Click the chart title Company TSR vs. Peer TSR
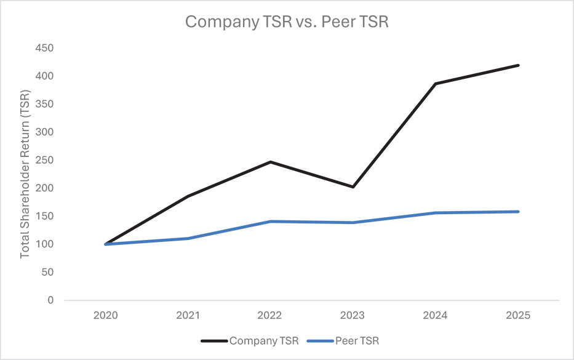coord(287,22)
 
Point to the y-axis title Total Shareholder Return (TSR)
coord(25,174)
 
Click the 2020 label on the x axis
coord(105,314)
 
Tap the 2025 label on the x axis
coord(518,314)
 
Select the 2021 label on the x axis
coord(188,314)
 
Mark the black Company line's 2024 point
coord(436,84)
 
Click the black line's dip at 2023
coord(353,186)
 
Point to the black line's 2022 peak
coord(271,162)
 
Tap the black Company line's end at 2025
coord(518,65)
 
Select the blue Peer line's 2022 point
coord(271,222)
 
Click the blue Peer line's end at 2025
coord(518,212)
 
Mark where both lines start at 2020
coord(106,244)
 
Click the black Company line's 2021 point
coord(188,196)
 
